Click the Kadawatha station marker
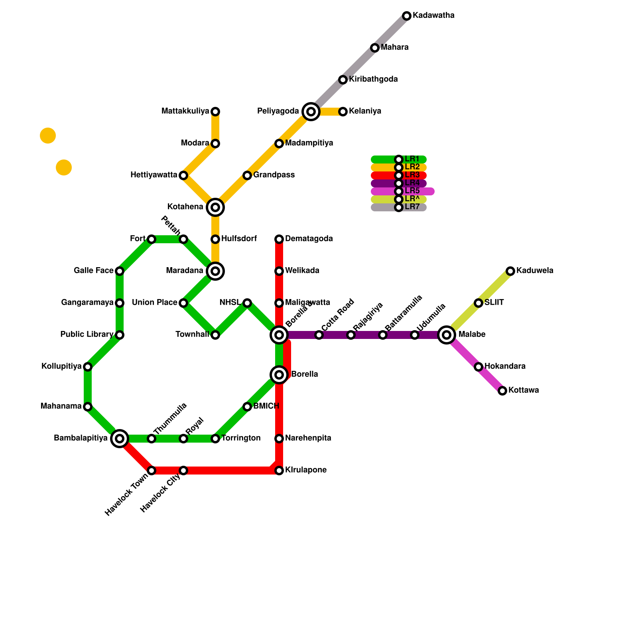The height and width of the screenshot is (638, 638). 407,16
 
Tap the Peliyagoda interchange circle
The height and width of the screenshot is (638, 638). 311,112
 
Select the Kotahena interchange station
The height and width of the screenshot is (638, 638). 215,207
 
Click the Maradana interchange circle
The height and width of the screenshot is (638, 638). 215,271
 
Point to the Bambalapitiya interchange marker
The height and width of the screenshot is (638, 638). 120,439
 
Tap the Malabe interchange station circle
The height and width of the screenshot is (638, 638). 447,335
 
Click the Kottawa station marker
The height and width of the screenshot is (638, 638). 502,391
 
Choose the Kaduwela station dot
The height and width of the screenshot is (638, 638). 510,271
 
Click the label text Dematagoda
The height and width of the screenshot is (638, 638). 309,239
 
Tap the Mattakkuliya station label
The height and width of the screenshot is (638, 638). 185,111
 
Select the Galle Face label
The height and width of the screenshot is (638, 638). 93,271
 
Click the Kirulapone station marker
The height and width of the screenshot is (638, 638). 279,471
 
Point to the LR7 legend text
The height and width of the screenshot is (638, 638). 412,207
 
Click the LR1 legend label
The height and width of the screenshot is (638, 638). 412,159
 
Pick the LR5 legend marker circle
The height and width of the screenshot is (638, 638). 399,191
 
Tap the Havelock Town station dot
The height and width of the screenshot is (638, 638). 152,471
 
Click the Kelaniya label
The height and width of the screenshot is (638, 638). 365,111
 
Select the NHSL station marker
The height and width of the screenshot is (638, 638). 247,303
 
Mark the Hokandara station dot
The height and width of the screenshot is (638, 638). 478,367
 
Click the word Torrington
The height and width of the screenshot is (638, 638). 241,438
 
